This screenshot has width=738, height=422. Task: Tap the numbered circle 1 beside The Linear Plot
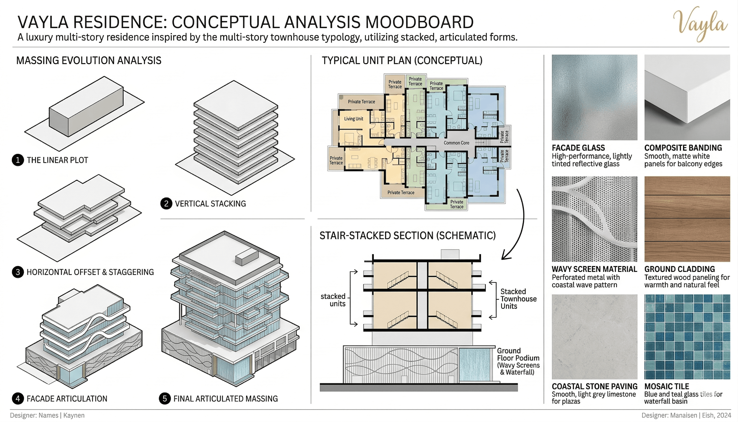pos(18,160)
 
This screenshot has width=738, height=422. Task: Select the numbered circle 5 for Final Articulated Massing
pos(165,399)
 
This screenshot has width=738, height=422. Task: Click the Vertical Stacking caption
pos(210,204)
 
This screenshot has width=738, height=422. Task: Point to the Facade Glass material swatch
pos(594,97)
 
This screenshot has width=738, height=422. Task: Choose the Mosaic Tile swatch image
pos(687,337)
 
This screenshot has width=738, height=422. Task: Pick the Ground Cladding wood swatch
pos(687,219)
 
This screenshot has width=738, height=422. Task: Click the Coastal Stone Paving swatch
pos(594,337)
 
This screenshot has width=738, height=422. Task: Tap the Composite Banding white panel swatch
pos(687,97)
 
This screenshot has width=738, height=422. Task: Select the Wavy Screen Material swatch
pos(594,219)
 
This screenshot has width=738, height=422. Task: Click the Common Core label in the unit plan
pos(456,143)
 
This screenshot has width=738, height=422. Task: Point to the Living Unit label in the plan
pos(353,119)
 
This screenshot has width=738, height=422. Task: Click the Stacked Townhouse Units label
pos(518,299)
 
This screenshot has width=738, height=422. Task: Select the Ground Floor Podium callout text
pos(518,361)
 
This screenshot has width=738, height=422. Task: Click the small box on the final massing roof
pos(246,257)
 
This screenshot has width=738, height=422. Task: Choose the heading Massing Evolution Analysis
pos(89,61)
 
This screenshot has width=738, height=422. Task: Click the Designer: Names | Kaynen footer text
pos(47,415)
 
